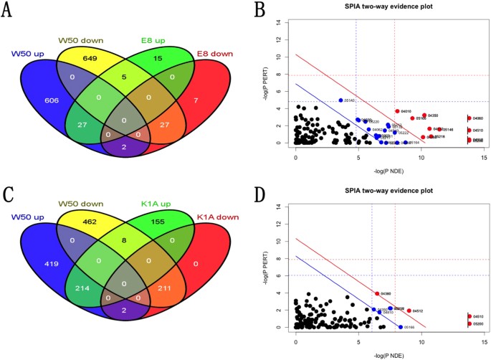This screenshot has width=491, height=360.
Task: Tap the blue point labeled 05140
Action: [x=340, y=100]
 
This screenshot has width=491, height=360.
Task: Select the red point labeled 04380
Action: [x=377, y=293]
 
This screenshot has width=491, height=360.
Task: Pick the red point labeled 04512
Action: [x=409, y=311]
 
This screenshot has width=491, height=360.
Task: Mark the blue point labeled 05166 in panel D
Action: [x=400, y=327]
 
